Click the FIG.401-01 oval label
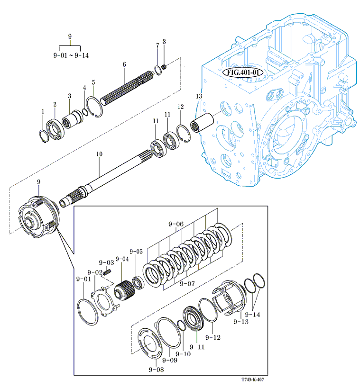242,72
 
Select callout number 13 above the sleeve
199,97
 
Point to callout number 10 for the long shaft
99,154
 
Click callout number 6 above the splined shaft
124,64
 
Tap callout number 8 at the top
164,41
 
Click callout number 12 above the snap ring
181,107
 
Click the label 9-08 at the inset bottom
156,369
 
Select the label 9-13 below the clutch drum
240,322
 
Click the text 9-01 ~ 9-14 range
71,55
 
